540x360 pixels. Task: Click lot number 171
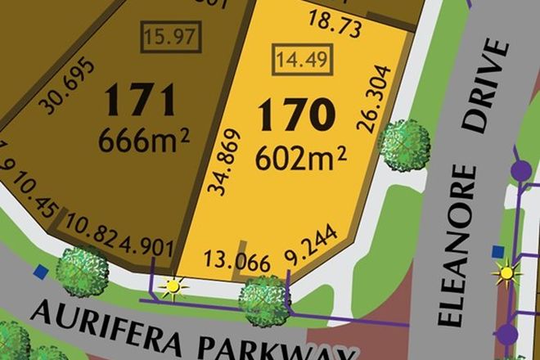(x=140, y=101)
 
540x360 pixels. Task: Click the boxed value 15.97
(x=172, y=37)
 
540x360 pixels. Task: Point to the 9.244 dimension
(x=312, y=259)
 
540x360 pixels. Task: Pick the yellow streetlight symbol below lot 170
(x=173, y=287)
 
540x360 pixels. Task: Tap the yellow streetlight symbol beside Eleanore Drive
(x=506, y=272)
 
